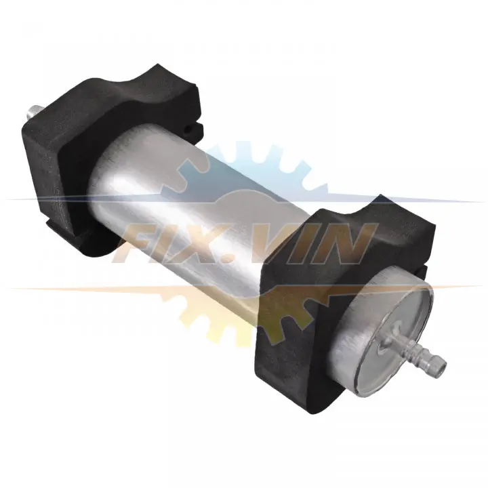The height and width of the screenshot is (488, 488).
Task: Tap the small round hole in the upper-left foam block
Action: coord(188,129)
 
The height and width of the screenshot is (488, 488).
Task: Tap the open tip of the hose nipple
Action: coord(442,363)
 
